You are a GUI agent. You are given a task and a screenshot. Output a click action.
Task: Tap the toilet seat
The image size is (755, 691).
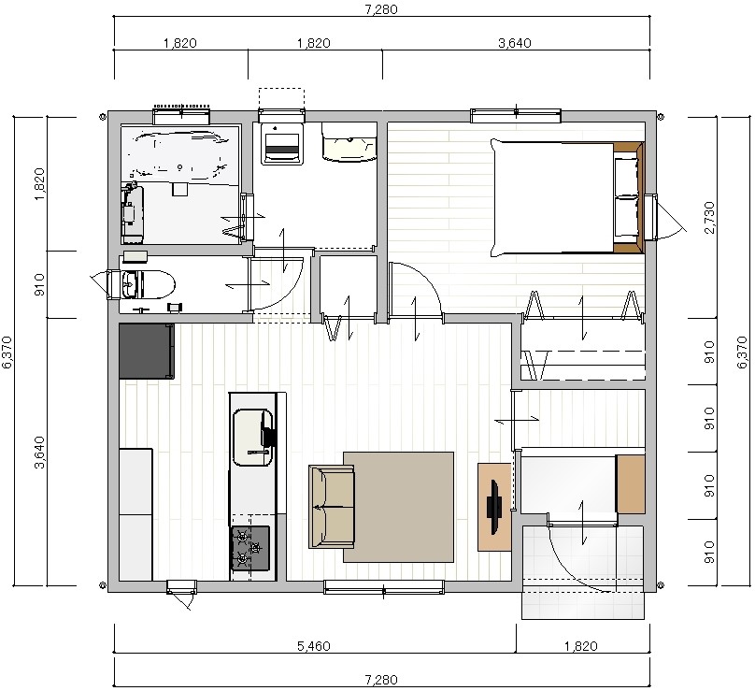coord(155,284)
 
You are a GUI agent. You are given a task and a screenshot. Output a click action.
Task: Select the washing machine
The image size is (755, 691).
coord(282,143)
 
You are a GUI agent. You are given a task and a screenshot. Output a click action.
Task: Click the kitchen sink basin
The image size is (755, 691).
coord(252,437)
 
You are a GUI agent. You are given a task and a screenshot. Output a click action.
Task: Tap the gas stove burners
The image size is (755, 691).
coord(250,548)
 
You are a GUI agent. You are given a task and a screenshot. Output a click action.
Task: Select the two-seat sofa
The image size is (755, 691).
coord(332,507)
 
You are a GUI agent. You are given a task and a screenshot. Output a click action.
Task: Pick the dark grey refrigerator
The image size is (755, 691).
coord(147,352)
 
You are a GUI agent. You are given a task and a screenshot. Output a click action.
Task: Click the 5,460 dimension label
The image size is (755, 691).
coord(313,646)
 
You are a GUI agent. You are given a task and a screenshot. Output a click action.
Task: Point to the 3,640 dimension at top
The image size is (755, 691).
coord(515,43)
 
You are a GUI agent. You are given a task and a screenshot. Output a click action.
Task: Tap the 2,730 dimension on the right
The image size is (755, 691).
coord(709,218)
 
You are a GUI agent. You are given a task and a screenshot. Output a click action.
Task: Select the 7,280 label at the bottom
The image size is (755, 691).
coord(381,680)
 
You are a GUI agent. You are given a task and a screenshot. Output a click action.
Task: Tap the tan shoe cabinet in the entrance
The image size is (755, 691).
coord(631,483)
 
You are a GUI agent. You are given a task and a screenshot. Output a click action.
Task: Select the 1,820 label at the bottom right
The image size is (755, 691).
coord(581,646)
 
